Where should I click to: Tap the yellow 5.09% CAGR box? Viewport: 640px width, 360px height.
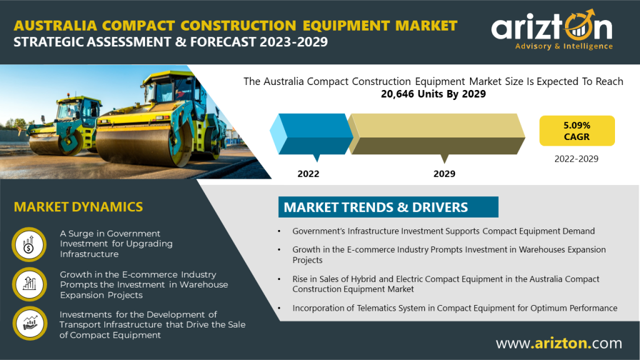point(577,131)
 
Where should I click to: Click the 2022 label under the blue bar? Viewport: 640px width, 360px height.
point(308,174)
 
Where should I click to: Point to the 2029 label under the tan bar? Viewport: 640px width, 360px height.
point(444,174)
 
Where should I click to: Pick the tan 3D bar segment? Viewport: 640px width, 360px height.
point(436,134)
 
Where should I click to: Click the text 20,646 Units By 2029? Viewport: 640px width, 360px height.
point(433,94)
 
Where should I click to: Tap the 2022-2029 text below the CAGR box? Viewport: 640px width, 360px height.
point(576,159)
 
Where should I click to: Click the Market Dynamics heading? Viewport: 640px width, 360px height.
point(78,207)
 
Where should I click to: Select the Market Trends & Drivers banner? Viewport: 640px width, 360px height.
point(388,207)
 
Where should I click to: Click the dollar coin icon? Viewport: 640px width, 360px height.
point(29,244)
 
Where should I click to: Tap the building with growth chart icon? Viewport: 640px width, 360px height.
point(29,284)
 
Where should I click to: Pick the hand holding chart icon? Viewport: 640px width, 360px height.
point(30,323)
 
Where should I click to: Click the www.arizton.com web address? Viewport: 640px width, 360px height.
point(559,343)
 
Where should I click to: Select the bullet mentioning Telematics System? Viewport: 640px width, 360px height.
point(454,308)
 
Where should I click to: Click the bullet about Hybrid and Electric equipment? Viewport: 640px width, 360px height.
point(446,284)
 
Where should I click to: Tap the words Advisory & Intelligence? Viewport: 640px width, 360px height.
point(564,46)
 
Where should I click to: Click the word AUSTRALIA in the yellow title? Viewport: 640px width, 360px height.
point(55,26)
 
